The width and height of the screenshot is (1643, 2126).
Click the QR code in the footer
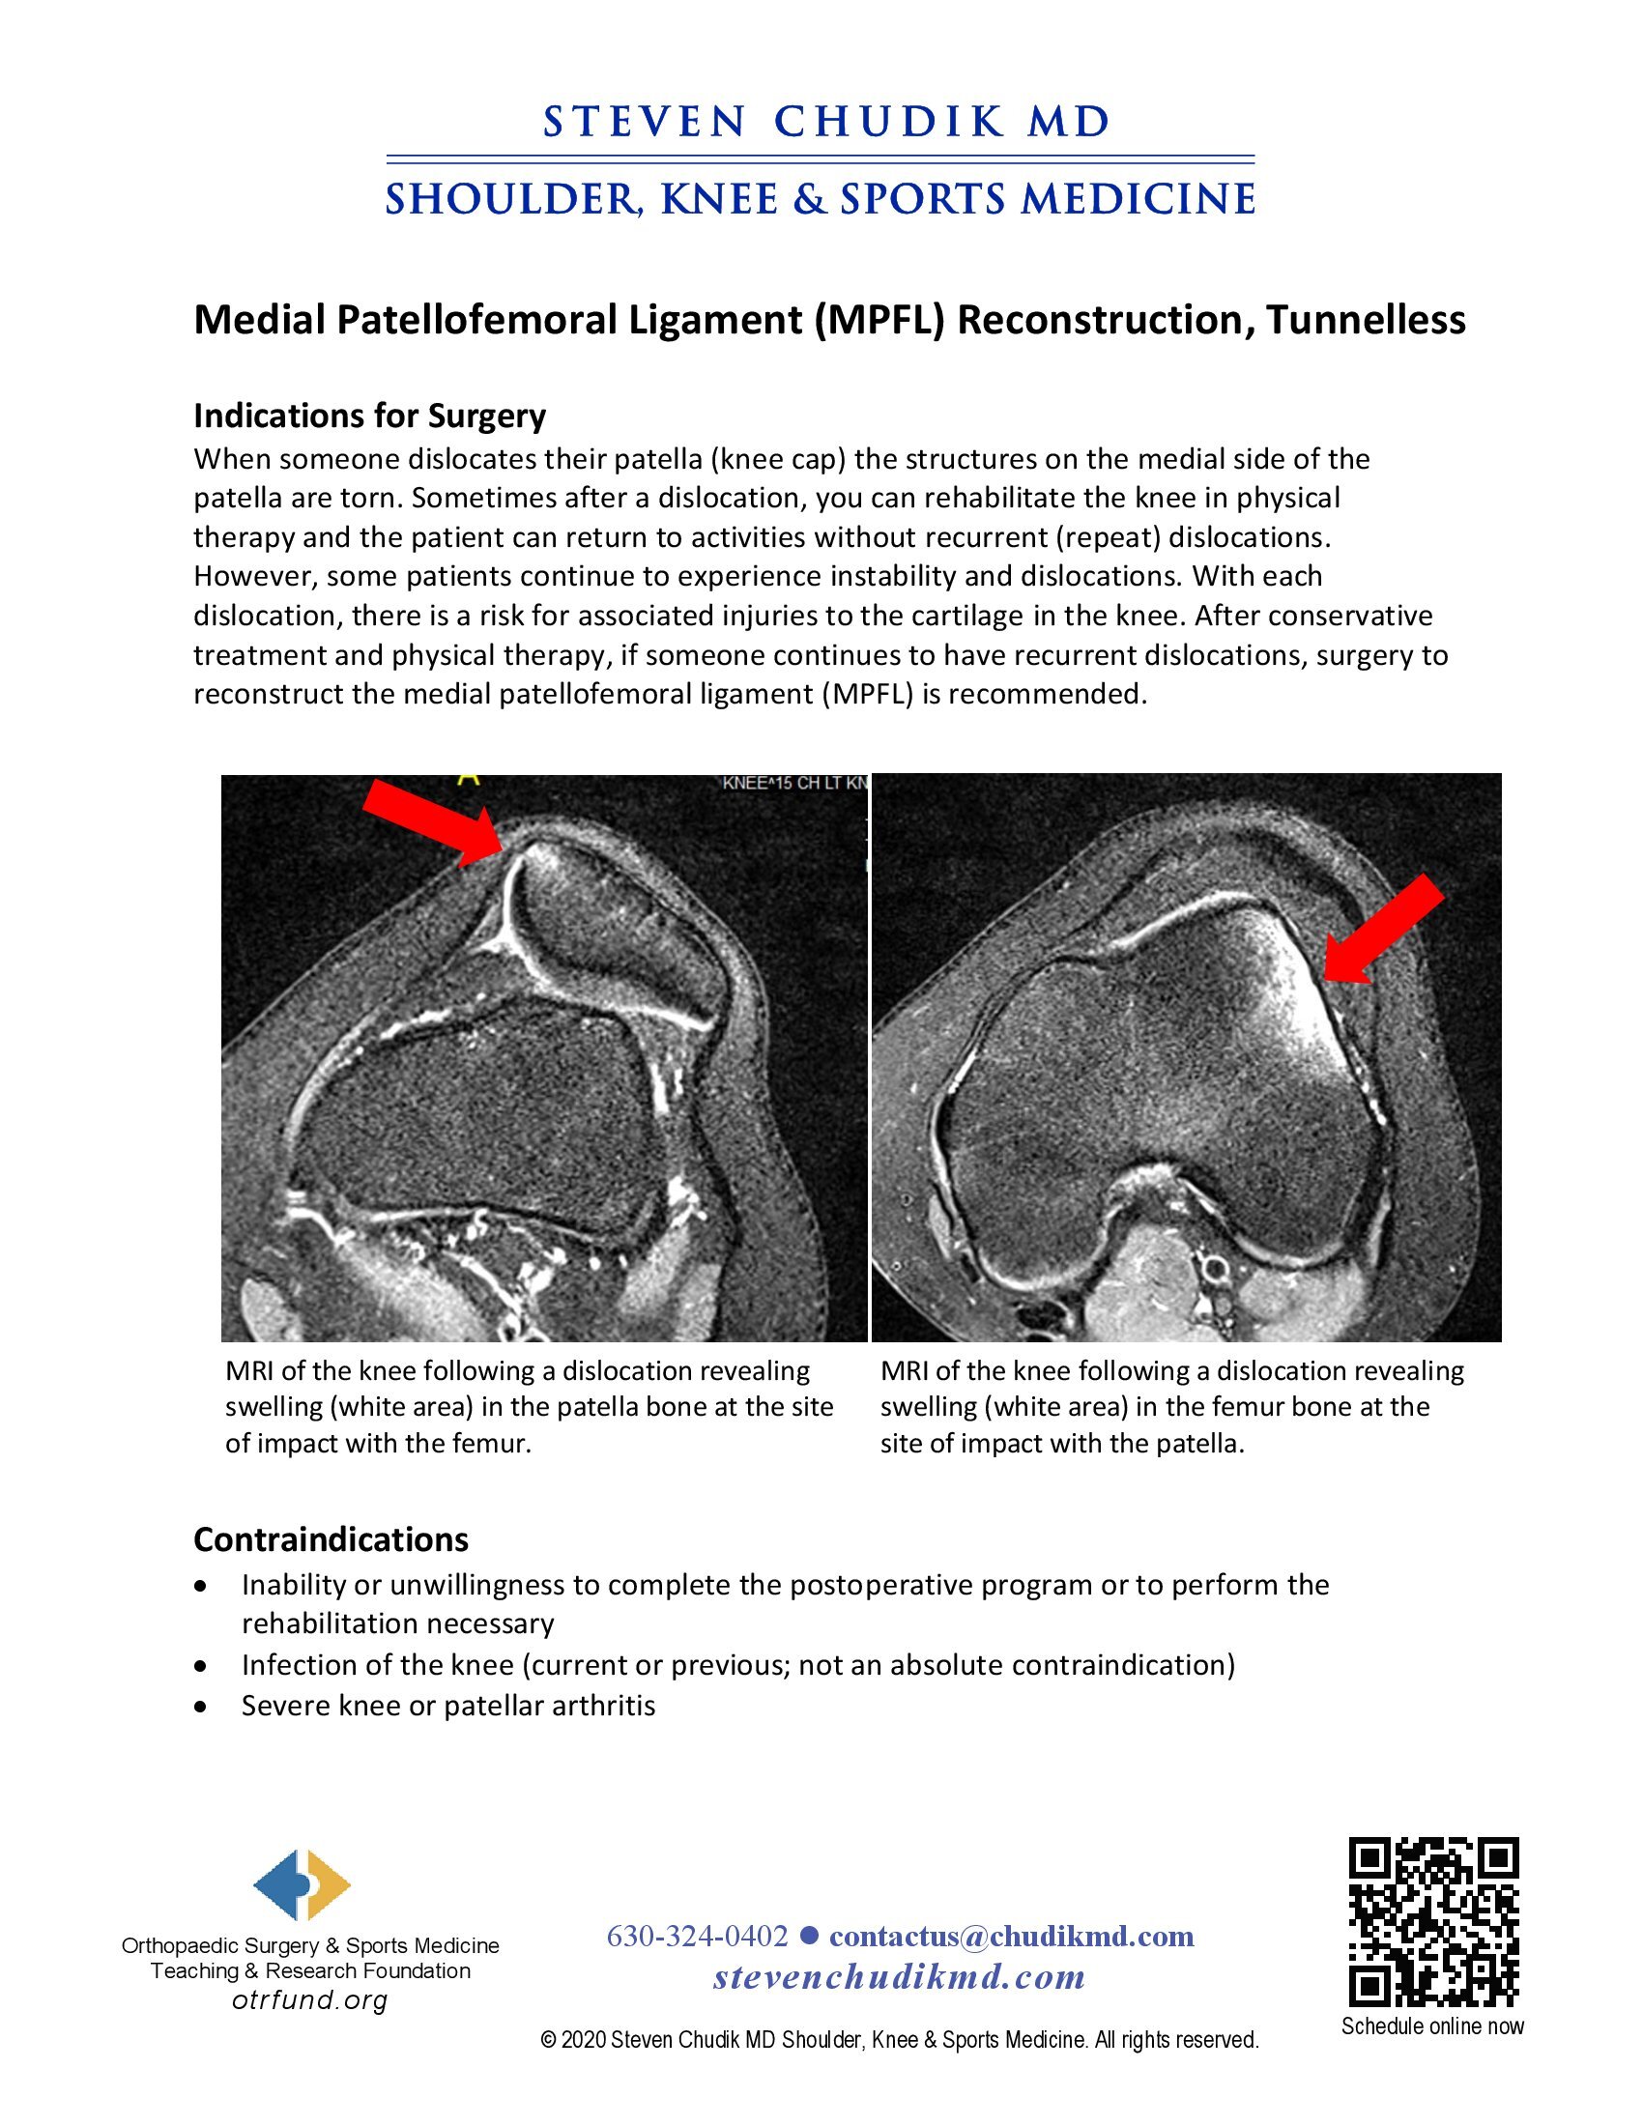[1432, 1922]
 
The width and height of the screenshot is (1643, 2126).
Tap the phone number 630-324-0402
[697, 1936]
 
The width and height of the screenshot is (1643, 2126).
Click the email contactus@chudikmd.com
[1011, 1936]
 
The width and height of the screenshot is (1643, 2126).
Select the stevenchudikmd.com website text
[900, 1977]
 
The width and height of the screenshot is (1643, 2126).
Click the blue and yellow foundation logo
[302, 1884]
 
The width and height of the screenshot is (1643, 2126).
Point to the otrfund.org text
[309, 1999]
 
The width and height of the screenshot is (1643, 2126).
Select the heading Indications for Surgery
[370, 416]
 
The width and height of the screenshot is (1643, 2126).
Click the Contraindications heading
[331, 1539]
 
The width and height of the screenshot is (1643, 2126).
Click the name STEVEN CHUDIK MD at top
[826, 123]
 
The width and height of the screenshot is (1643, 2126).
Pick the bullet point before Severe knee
[200, 1707]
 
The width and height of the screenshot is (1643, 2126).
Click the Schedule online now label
[1431, 2026]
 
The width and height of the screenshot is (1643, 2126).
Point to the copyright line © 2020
[900, 2040]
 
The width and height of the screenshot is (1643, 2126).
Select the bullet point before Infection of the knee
[200, 1666]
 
